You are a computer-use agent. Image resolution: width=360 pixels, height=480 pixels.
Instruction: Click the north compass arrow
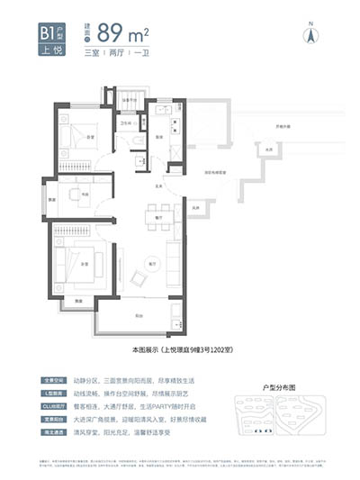coord(312,36)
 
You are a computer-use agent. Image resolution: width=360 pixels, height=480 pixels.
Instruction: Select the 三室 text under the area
coord(90,55)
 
